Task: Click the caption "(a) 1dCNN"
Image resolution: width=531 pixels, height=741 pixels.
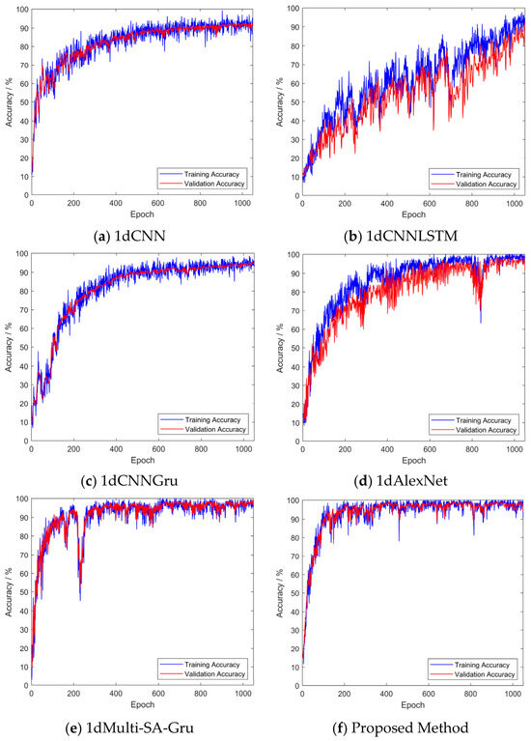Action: click(130, 236)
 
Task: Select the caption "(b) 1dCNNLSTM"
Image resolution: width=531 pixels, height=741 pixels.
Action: click(401, 236)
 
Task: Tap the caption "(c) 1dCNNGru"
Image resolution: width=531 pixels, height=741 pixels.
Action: click(129, 481)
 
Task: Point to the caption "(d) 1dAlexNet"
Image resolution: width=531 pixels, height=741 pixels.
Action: click(401, 481)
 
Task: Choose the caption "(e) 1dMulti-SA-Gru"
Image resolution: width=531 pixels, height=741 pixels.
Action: click(129, 727)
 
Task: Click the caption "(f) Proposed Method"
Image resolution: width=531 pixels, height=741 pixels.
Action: click(401, 727)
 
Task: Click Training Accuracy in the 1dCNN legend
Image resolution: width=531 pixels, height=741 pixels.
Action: click(211, 174)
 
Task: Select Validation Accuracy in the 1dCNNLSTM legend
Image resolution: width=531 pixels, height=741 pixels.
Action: click(487, 185)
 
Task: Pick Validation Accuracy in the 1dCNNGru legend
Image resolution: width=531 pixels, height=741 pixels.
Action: click(215, 430)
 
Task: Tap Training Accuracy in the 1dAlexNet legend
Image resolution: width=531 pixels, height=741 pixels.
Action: click(484, 420)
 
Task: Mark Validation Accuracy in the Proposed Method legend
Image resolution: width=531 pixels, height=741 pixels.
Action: click(485, 675)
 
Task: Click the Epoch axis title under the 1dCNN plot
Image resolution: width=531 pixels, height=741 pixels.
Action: click(142, 214)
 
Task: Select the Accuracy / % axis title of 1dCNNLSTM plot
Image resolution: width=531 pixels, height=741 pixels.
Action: click(280, 102)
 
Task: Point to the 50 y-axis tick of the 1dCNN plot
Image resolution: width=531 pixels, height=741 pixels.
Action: click(23, 102)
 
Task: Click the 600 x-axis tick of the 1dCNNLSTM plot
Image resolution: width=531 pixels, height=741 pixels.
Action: click(430, 204)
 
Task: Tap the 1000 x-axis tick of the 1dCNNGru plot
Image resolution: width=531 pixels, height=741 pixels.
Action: click(243, 449)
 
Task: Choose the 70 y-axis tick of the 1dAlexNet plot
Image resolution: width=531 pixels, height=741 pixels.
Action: click(294, 311)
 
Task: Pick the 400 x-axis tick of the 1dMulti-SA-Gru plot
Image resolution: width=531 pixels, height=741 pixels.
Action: click(116, 694)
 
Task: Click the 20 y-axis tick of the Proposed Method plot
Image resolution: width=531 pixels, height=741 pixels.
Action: click(294, 649)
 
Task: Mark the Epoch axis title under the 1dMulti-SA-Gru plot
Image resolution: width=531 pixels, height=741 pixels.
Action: click(142, 705)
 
